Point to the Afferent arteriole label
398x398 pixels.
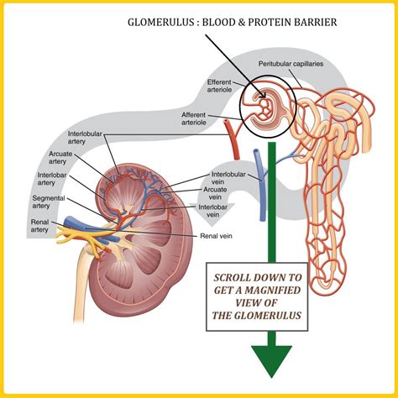pyautogui.click(x=201, y=118)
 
